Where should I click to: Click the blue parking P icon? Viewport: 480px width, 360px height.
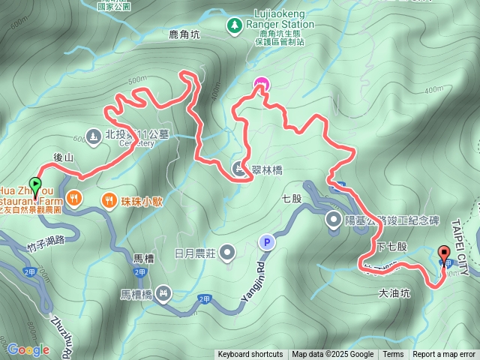coord(265,241)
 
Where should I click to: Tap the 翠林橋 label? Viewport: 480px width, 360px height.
coord(267,170)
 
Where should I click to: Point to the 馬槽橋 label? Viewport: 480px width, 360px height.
coord(136,295)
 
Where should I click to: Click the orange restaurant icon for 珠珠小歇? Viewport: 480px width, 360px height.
coord(109,200)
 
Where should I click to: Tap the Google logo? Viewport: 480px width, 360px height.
coord(28,349)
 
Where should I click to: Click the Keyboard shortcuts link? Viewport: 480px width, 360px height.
coord(250,355)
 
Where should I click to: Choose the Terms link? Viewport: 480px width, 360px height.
coord(393,355)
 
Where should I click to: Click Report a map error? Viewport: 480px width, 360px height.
coord(444,355)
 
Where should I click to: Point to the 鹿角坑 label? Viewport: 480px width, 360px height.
coord(184,34)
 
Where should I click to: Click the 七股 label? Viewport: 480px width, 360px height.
coord(291,199)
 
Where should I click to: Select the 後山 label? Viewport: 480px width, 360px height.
coord(64,157)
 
